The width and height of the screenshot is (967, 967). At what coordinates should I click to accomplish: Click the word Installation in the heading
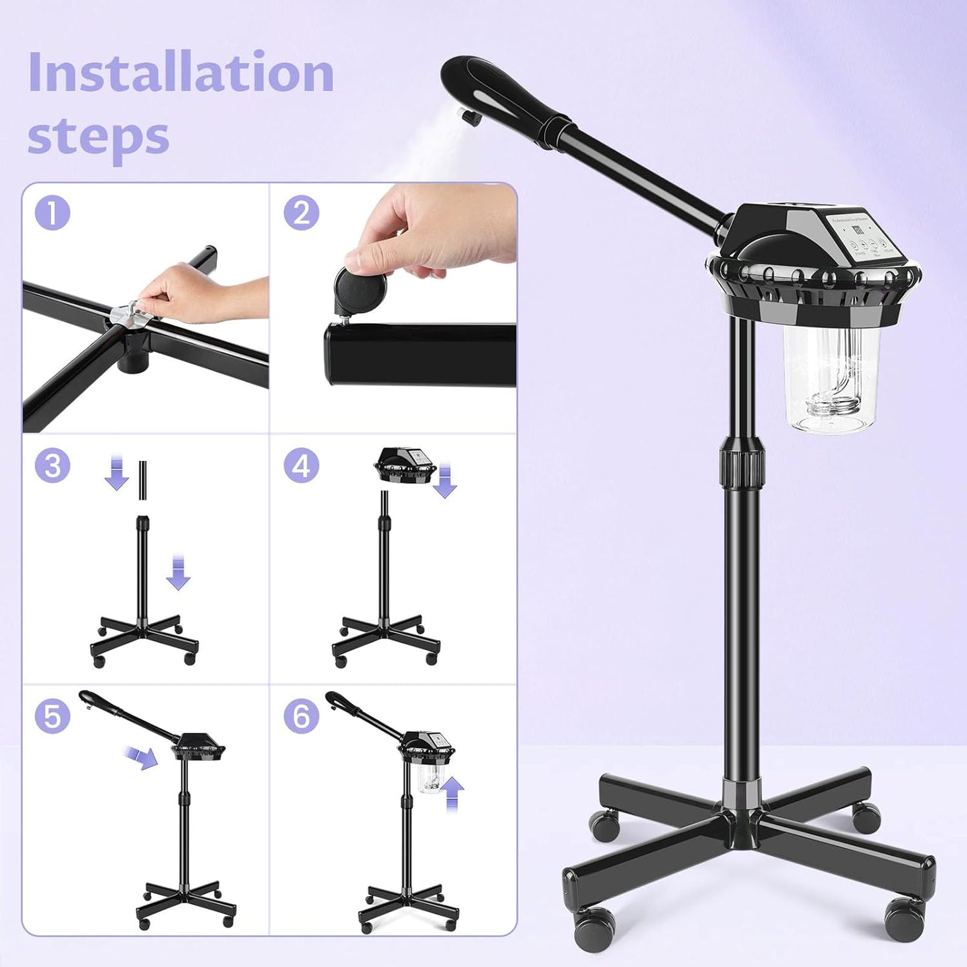click(181, 72)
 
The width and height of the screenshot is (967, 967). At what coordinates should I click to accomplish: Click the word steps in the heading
click(98, 136)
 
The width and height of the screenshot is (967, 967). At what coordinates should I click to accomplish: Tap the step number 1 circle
click(52, 214)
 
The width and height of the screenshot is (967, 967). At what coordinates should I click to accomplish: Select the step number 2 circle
click(301, 214)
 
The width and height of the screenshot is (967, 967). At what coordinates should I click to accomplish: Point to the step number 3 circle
click(52, 465)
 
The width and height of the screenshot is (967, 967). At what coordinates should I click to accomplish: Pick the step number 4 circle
click(301, 465)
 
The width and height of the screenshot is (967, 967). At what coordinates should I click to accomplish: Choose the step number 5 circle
click(52, 716)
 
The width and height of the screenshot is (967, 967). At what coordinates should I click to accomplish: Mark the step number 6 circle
click(301, 716)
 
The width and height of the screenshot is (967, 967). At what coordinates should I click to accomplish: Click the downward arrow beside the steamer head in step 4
click(444, 482)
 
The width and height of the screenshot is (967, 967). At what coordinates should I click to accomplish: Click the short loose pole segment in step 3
click(143, 480)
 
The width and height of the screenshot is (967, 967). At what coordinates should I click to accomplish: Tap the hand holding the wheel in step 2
click(428, 231)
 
